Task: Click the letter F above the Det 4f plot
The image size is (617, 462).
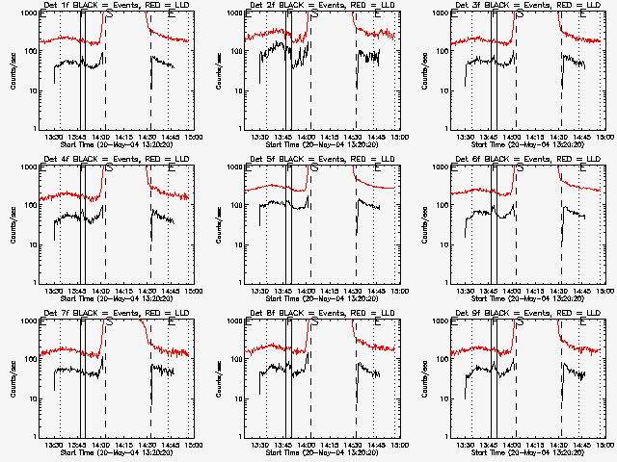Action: [84, 168]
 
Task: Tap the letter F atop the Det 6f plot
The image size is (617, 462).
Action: [495, 168]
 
